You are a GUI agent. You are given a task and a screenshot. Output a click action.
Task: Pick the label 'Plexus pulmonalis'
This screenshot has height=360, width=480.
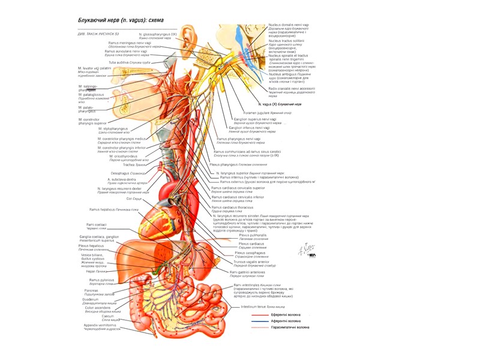pos(252,235)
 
